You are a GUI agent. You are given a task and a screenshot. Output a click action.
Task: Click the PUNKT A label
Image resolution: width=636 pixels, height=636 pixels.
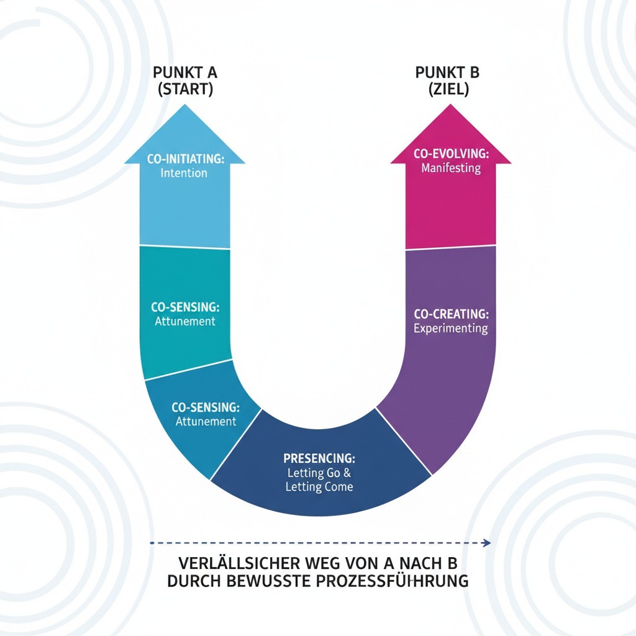tap(185, 73)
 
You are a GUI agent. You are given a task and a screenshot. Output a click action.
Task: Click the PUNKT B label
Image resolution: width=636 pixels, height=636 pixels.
tap(447, 73)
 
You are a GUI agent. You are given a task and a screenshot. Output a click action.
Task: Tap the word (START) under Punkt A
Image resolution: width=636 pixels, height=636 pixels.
tap(185, 89)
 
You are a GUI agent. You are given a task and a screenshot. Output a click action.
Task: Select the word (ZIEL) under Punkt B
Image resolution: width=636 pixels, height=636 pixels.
tap(448, 89)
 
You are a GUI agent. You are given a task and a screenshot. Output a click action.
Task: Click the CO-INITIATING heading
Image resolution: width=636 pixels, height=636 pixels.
tap(185, 158)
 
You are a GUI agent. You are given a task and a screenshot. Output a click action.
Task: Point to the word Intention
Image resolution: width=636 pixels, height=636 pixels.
tap(184, 173)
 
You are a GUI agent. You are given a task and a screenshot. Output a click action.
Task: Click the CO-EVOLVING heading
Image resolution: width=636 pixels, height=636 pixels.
tap(451, 153)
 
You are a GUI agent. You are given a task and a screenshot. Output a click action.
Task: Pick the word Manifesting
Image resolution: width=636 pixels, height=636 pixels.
tap(451, 168)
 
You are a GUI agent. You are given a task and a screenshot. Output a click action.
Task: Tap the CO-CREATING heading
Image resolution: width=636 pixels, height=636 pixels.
tap(451, 314)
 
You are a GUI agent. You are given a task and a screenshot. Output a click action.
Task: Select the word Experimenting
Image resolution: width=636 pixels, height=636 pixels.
tap(451, 329)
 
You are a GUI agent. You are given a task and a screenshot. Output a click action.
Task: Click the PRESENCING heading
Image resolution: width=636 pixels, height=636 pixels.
tap(319, 458)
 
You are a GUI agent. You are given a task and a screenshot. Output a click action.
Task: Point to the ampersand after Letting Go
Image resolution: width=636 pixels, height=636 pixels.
tap(347, 473)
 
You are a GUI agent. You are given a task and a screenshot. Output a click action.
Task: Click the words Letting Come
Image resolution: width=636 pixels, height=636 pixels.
tap(319, 487)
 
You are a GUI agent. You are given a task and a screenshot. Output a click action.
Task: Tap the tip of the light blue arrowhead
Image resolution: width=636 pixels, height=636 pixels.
tap(185, 104)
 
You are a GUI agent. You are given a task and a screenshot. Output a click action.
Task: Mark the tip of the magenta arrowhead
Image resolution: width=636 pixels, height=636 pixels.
tap(450, 104)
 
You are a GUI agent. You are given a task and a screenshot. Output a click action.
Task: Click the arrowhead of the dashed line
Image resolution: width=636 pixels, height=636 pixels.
tap(487, 543)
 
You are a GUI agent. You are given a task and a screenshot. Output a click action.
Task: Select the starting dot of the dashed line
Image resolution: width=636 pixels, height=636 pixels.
tap(152, 543)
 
